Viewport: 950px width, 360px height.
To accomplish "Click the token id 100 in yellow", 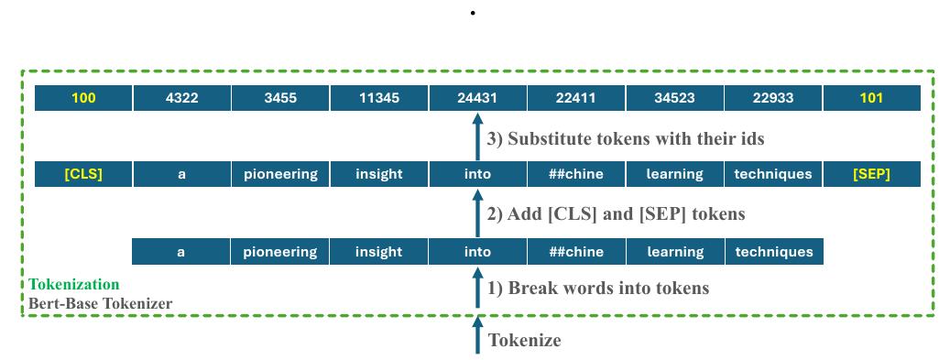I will pos(83,98).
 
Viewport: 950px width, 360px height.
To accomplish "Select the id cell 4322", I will pos(182,98).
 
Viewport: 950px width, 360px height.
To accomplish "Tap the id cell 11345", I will pos(378,98).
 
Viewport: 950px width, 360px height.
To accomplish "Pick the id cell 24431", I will pos(476,98).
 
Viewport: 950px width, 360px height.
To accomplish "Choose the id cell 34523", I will pos(674,98).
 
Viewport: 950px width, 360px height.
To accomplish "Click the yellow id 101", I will pos(871,98).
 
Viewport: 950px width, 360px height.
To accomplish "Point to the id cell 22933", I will pos(773,98).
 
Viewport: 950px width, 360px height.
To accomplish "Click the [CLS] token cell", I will pos(83,174).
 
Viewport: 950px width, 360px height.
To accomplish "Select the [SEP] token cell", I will pos(871,174).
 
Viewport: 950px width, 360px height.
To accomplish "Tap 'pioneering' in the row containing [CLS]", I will pos(280,174).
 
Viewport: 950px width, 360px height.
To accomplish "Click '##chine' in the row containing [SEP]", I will pos(575,174).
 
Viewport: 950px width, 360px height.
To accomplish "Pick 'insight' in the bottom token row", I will pos(378,252).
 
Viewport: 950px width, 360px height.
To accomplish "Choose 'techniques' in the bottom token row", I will pos(773,252).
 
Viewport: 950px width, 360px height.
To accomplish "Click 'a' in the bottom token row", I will pos(182,252).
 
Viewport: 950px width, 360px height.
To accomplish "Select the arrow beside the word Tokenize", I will pos(476,336).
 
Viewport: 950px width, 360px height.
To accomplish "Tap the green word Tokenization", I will pos(74,285).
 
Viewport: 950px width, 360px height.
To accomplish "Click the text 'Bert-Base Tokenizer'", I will pos(101,303).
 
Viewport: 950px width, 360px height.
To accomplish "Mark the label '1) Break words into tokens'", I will pos(598,289).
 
